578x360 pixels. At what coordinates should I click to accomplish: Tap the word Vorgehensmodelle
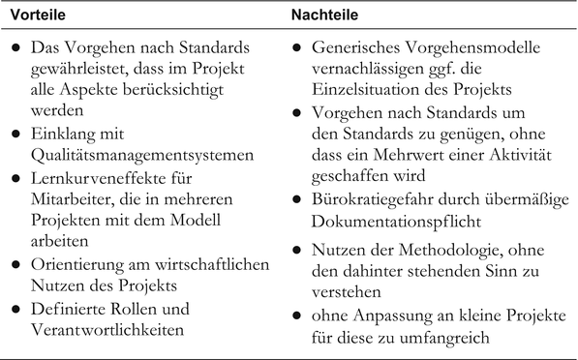pos(474,46)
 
